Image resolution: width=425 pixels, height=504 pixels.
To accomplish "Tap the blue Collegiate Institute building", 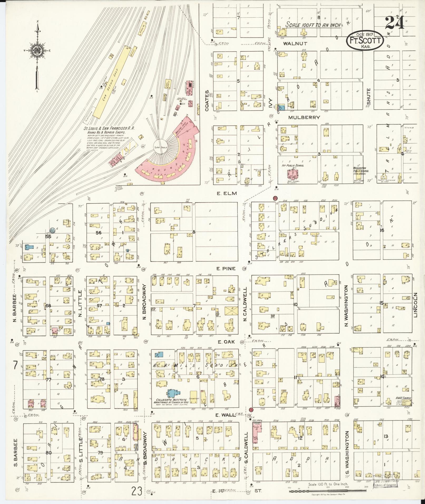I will [x=172, y=394].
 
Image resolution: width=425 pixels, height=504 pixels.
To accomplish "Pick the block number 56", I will [x=99, y=233].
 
